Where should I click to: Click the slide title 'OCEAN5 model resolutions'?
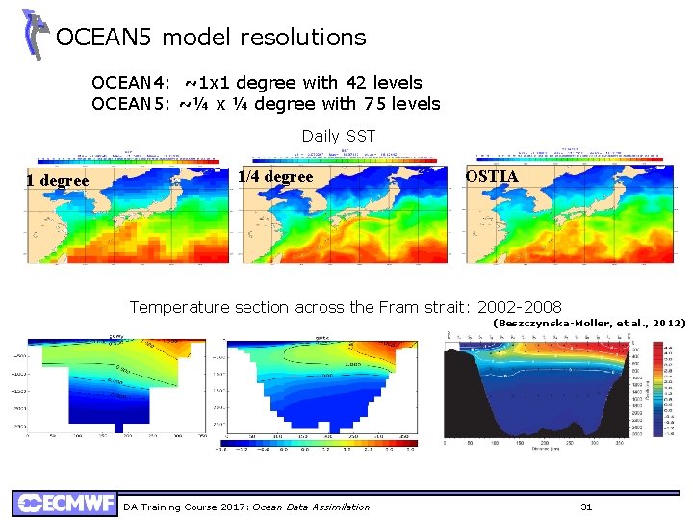click(x=211, y=38)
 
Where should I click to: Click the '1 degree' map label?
click(x=58, y=181)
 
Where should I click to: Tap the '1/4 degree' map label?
click(x=275, y=177)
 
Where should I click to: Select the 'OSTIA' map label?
click(x=492, y=177)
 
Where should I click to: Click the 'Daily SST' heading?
click(x=338, y=136)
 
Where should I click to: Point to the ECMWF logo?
click(x=64, y=504)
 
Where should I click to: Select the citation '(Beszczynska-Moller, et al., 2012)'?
click(x=589, y=324)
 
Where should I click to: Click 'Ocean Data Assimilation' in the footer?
click(x=311, y=507)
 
